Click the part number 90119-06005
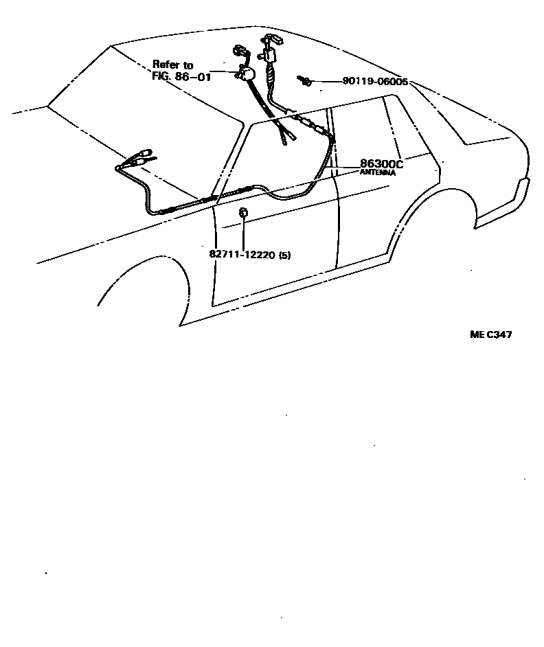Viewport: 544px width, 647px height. [375, 81]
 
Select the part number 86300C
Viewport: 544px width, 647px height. [381, 165]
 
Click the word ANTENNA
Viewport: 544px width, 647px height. [378, 174]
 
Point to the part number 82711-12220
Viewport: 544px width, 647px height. [242, 255]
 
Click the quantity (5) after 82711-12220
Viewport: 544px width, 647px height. [285, 255]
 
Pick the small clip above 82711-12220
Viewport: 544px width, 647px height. [243, 213]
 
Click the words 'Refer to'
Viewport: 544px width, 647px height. [173, 65]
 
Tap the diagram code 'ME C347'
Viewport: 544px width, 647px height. [490, 335]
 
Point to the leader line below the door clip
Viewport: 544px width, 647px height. [243, 234]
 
